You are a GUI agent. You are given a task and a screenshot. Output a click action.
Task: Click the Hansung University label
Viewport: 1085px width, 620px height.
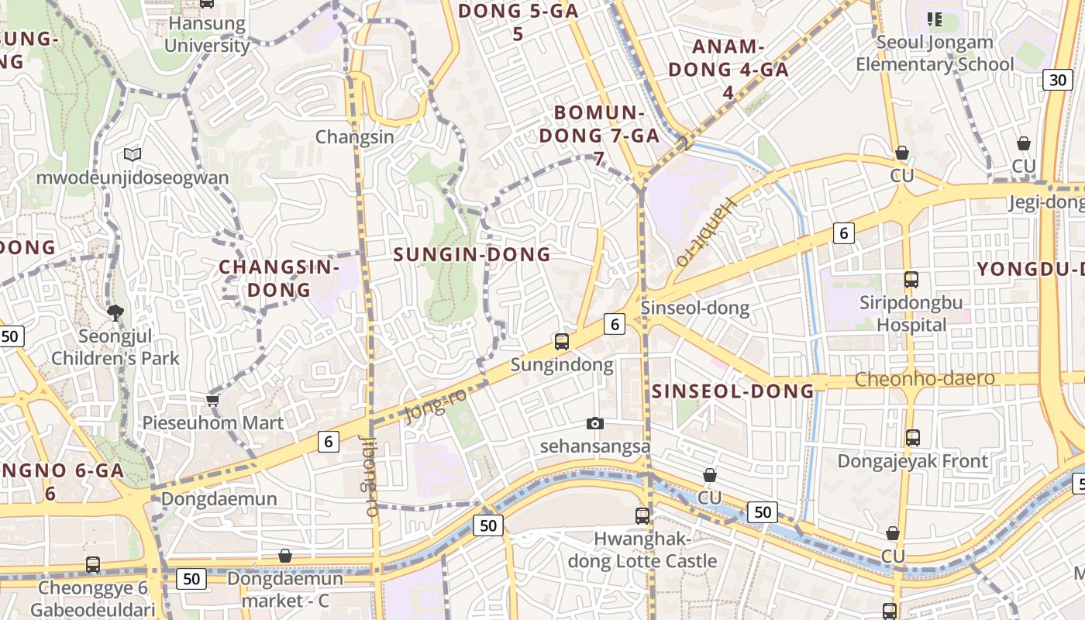coord(207,34)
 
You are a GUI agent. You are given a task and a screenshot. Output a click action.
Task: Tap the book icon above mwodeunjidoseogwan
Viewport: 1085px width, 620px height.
coord(133,155)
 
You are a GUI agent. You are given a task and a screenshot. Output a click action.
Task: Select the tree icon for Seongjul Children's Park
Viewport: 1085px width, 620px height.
coord(115,313)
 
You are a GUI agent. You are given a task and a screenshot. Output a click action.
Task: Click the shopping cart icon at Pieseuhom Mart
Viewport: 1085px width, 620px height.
coord(213,400)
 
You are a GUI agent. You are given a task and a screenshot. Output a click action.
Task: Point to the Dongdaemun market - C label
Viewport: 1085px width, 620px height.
coord(284,590)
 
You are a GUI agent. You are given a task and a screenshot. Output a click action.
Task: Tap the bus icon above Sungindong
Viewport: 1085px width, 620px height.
coord(562,341)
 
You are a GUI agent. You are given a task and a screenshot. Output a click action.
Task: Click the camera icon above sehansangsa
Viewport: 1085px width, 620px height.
coord(594,423)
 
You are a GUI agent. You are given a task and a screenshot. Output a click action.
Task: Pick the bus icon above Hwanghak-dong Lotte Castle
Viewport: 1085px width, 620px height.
coord(642,515)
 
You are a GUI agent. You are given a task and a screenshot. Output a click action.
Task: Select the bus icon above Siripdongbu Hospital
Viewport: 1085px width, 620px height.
coord(911,280)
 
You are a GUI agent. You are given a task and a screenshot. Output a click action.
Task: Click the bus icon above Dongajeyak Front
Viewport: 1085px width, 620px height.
coord(913,438)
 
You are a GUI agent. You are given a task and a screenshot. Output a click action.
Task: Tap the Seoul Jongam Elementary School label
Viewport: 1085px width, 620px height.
coord(934,53)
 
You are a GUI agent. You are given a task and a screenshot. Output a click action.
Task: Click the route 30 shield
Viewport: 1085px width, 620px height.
coord(1057,80)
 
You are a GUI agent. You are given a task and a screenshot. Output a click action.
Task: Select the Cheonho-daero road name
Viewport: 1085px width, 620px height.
coord(925,379)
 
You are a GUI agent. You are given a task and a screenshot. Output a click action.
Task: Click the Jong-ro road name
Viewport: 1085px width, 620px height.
coord(436,405)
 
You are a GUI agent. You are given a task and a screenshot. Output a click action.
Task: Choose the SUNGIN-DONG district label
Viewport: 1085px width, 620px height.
coord(472,254)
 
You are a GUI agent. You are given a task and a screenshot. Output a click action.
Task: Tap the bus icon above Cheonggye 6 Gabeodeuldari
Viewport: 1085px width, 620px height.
coord(93,565)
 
